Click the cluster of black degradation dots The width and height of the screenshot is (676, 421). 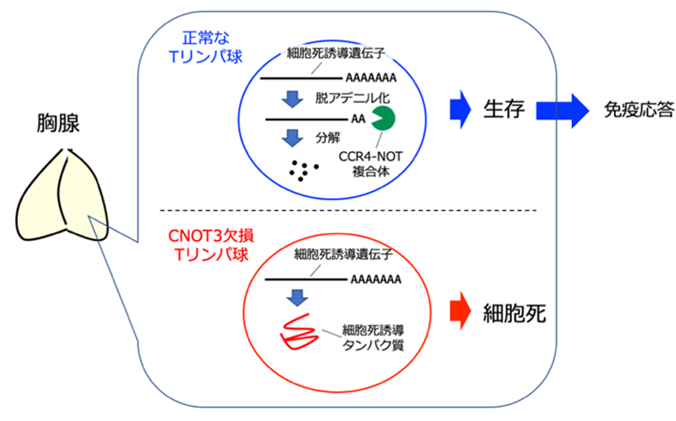pyautogui.click(x=303, y=169)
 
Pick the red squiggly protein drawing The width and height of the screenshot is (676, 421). pyautogui.click(x=299, y=334)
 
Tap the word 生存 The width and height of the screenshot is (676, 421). pyautogui.click(x=505, y=110)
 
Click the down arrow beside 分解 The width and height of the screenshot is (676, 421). pyautogui.click(x=291, y=136)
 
